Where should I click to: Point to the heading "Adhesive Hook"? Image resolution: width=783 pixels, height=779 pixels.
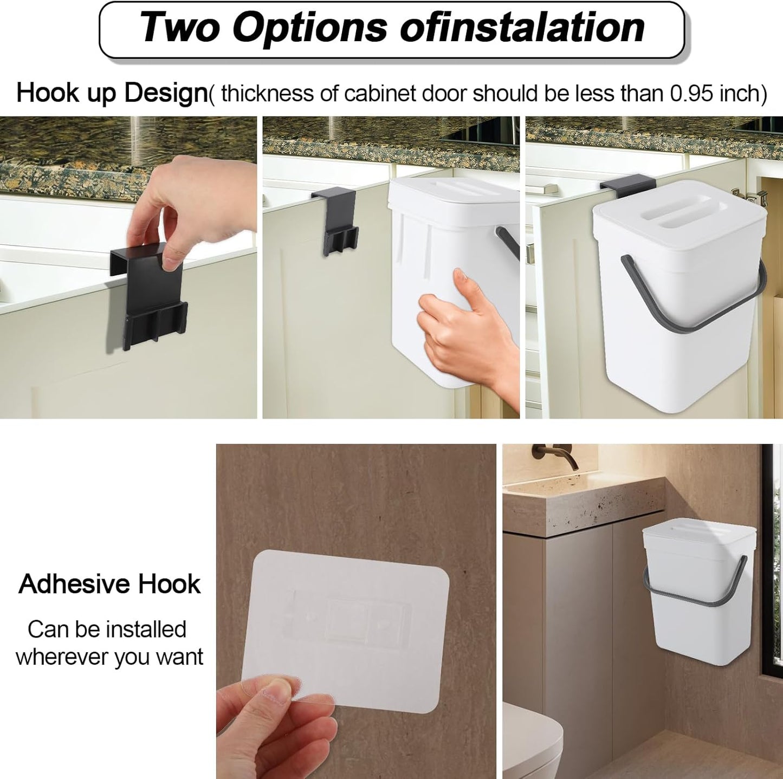click(109, 584)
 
